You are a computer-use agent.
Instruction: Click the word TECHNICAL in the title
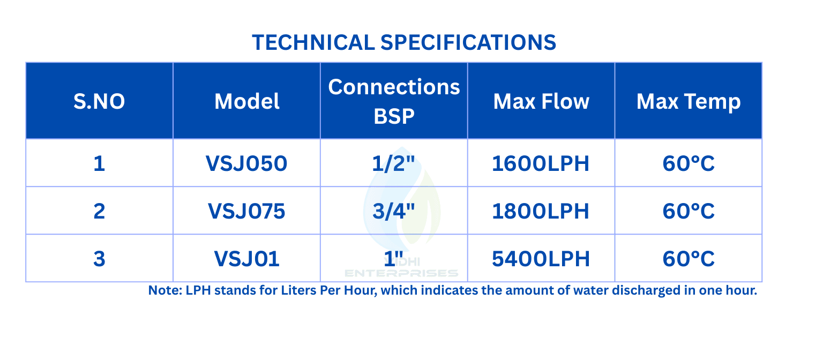coord(313,42)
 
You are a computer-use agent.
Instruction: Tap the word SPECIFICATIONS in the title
coord(468,42)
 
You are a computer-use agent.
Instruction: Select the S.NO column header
coord(99,101)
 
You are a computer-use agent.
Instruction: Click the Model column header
coord(247,101)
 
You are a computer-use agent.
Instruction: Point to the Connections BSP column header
coord(394,101)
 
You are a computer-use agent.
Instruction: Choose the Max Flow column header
coord(541,101)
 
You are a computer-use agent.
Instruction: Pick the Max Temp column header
coord(689,102)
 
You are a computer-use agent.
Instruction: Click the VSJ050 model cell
coord(246,163)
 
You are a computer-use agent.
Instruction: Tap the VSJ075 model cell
coord(246,211)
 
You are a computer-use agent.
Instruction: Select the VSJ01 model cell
coord(247,259)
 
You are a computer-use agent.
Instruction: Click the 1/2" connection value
coord(393,163)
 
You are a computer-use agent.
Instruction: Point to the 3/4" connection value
coord(393,211)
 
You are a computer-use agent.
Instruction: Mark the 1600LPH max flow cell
coord(541,163)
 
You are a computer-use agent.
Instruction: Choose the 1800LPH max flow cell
coord(541,211)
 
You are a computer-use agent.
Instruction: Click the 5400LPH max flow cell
coord(541,259)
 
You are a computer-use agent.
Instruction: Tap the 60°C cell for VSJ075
coord(689,211)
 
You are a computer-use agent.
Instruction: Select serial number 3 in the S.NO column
coord(99,259)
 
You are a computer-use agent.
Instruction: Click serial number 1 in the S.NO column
coord(99,163)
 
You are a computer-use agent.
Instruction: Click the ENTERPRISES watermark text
coord(401,273)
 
